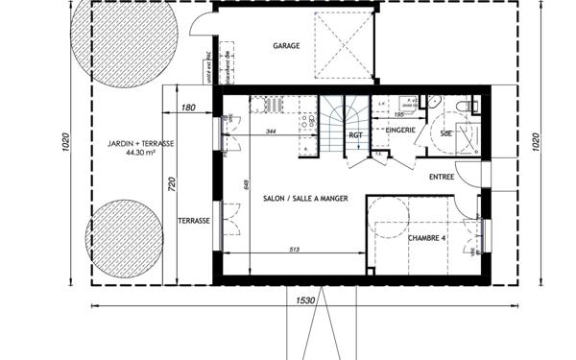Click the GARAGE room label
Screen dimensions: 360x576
tap(286, 45)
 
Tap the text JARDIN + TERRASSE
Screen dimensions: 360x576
tap(142, 143)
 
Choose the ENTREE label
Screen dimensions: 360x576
tap(442, 177)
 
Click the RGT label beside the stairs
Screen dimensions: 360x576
tap(355, 136)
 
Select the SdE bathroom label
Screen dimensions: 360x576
tap(446, 133)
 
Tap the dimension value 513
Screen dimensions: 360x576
tap(295, 252)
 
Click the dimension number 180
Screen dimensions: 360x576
tap(188, 108)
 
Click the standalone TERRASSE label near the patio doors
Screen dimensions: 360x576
tap(193, 220)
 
